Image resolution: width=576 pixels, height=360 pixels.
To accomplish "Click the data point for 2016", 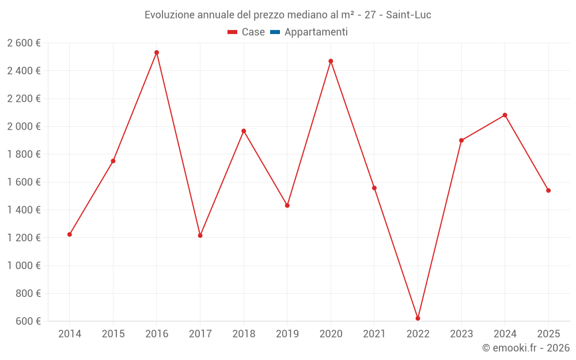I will (x=157, y=52).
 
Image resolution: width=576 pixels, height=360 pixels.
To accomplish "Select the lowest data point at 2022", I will (x=418, y=319).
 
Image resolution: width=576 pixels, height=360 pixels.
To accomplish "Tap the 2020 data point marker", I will (x=331, y=61).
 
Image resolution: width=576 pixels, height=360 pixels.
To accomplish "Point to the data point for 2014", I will (x=70, y=234).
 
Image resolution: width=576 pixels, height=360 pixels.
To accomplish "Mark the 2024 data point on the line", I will (x=505, y=115).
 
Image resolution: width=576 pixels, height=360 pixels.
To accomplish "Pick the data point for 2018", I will (x=244, y=131).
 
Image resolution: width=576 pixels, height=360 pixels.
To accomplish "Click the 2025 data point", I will (x=548, y=191).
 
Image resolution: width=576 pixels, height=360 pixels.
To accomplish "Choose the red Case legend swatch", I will (x=233, y=32).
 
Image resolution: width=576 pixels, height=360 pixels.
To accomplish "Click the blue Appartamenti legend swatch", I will (x=275, y=32).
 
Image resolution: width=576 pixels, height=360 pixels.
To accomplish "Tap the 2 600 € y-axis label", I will (x=24, y=43).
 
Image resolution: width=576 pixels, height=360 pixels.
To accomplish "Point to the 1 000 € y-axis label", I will (x=24, y=266).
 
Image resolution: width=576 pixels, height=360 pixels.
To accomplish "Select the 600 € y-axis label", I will (x=28, y=321).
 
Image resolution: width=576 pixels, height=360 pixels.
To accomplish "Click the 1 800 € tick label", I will (x=24, y=154).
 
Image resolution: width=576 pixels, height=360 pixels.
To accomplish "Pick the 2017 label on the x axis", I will (x=200, y=334).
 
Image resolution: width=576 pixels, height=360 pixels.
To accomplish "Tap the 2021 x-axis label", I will (x=374, y=334).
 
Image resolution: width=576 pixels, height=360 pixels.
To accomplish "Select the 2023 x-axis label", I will (x=461, y=334).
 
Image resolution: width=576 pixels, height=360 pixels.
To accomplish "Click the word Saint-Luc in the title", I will (x=408, y=15).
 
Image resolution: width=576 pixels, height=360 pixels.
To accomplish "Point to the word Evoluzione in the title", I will (x=169, y=15).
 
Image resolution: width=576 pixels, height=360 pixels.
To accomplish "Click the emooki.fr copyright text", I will (x=526, y=348).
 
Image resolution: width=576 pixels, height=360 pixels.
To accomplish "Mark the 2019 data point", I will (x=287, y=206).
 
